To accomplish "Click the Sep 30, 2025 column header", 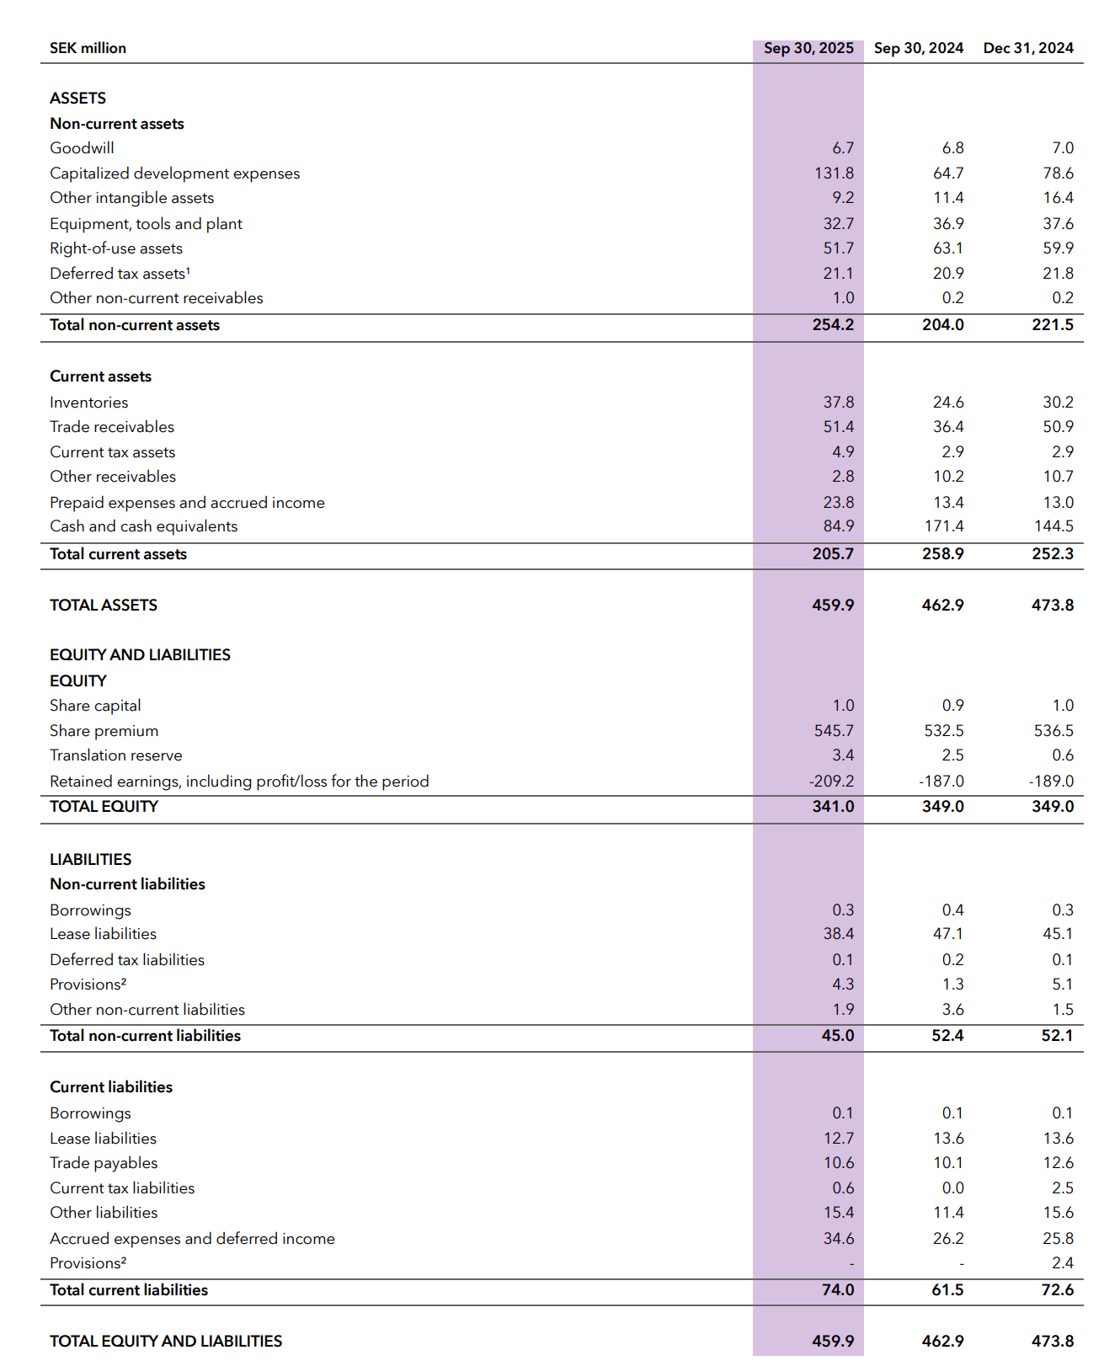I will point(808,48).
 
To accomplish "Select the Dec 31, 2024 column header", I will point(1028,48).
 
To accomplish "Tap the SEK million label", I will point(88,48).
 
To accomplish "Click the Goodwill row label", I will point(82,148).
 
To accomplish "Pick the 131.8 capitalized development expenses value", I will point(834,173).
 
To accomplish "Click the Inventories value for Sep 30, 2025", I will point(839,403).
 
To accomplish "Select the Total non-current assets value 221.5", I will point(1053,325).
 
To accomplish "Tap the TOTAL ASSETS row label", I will point(104,606).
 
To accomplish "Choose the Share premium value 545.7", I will point(834,731).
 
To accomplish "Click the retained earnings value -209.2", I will point(831,782).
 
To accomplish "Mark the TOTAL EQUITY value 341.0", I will point(833,807).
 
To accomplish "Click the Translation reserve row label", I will point(115,755).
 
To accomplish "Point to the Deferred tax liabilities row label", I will point(127,960).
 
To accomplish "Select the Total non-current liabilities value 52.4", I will point(947,1036).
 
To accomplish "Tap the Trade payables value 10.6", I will point(839,1163).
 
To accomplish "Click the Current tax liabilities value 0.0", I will point(952,1188).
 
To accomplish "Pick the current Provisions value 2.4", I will point(1063,1263).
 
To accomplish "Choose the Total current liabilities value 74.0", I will point(838,1290).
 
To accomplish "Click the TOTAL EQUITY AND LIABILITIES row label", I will point(166,1342).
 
